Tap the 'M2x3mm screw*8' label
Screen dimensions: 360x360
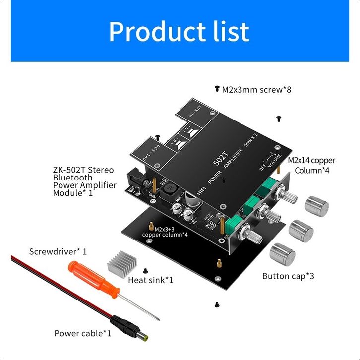(x=256, y=90)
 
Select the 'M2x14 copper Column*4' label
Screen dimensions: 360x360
(x=312, y=165)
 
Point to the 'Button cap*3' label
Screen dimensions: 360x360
(x=288, y=276)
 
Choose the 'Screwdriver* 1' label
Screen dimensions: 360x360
(x=58, y=251)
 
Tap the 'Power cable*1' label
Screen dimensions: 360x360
(x=83, y=333)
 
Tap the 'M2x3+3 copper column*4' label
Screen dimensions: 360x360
(x=164, y=232)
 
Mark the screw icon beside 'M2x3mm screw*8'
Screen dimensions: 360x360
(x=217, y=89)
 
